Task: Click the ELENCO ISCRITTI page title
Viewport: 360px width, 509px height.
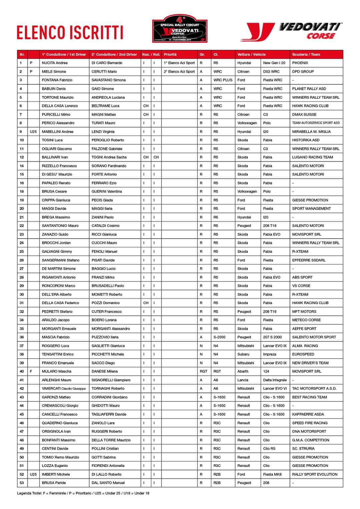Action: [x=70, y=33]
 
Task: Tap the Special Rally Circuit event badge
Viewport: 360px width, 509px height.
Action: [x=180, y=29]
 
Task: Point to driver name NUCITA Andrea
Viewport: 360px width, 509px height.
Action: [x=55, y=63]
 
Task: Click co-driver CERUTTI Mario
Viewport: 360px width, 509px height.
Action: [x=104, y=71]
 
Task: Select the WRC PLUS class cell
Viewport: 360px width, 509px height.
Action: [x=223, y=80]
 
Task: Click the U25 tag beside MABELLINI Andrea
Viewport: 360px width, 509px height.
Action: [x=33, y=132]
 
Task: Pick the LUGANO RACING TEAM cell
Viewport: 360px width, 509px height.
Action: [x=312, y=157]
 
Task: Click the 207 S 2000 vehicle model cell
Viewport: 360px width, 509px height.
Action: [x=272, y=337]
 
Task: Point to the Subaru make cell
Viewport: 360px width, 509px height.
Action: [x=243, y=354]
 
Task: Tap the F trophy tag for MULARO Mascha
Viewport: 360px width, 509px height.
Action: [x=31, y=371]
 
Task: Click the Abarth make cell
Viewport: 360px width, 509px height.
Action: [x=243, y=371]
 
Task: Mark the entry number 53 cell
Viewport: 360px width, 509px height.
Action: [x=22, y=483]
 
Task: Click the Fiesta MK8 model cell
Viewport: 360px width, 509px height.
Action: [x=272, y=474]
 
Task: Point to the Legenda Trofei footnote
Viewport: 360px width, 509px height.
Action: [x=83, y=493]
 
